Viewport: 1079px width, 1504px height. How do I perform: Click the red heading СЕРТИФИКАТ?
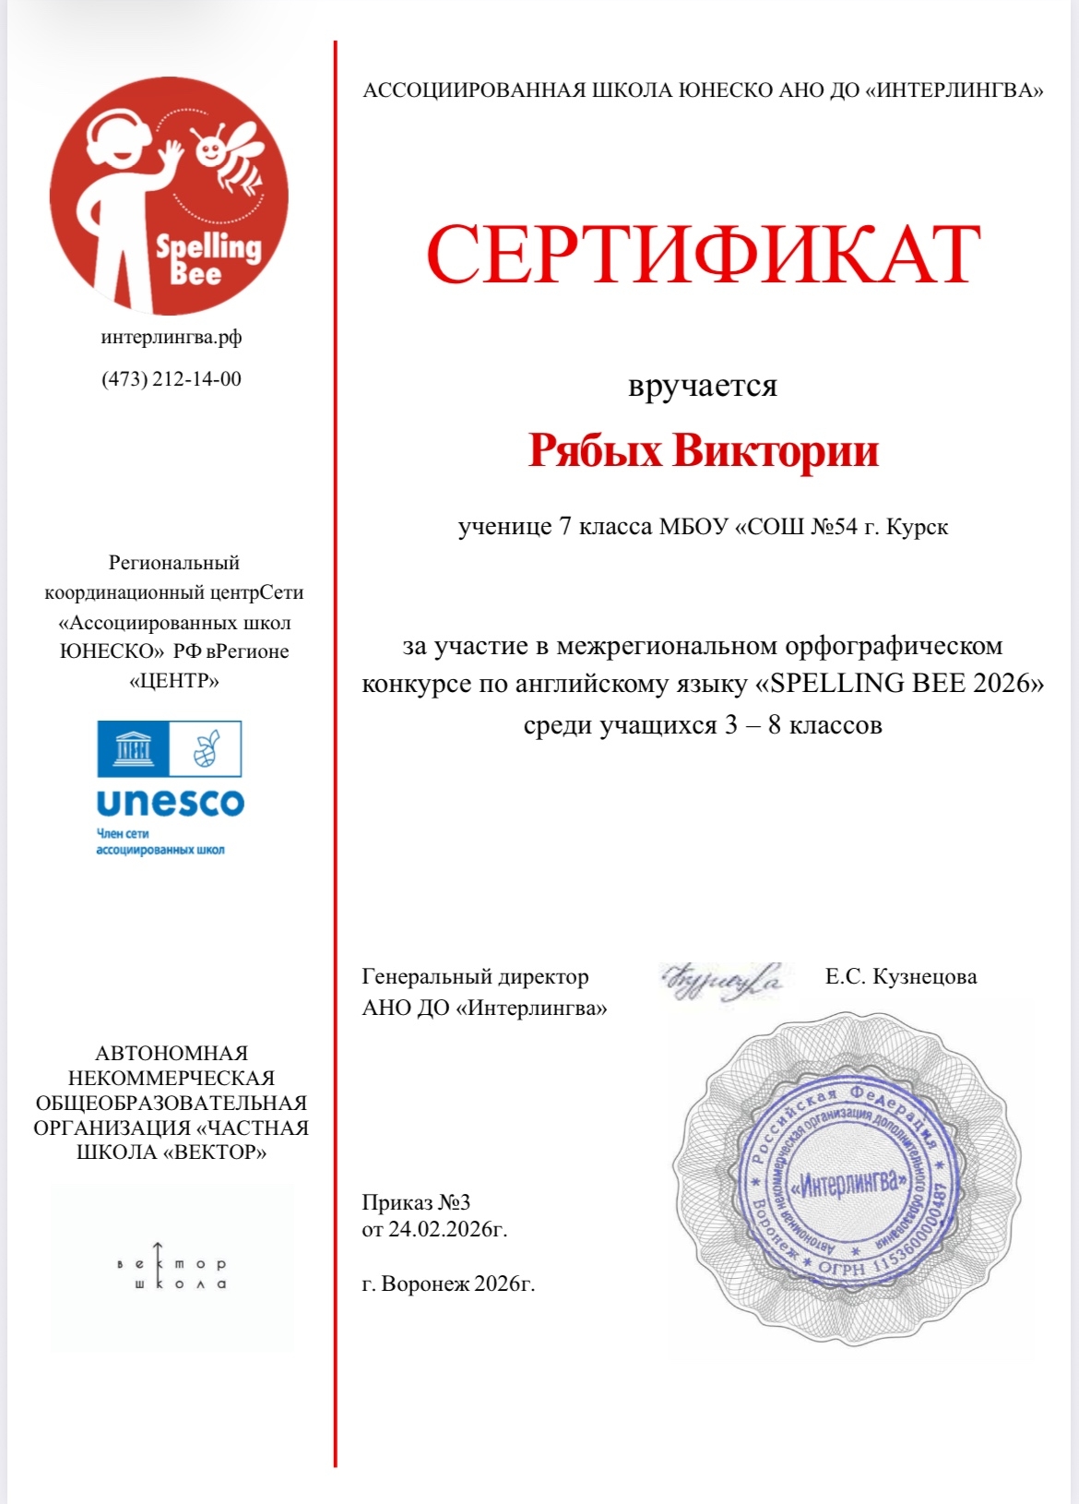point(703,256)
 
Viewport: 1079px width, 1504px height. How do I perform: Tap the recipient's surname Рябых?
point(595,451)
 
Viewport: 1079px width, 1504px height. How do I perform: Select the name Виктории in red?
point(775,451)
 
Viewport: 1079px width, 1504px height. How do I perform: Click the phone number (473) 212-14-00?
point(172,379)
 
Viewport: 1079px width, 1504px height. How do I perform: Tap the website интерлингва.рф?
point(172,338)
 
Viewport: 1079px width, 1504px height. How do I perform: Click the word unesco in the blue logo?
point(171,803)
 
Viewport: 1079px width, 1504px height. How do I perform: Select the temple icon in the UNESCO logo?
point(133,749)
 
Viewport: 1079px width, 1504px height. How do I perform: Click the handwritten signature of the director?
point(722,980)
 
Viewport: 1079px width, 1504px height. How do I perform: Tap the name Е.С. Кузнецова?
point(901,976)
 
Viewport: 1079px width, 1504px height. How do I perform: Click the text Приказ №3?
point(416,1202)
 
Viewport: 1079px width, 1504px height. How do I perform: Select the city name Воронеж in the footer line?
point(425,1283)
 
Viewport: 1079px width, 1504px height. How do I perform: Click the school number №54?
point(834,527)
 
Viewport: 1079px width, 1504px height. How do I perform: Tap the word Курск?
point(918,527)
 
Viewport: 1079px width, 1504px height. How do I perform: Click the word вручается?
point(703,386)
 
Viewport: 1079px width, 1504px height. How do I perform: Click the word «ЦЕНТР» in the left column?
point(174,681)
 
